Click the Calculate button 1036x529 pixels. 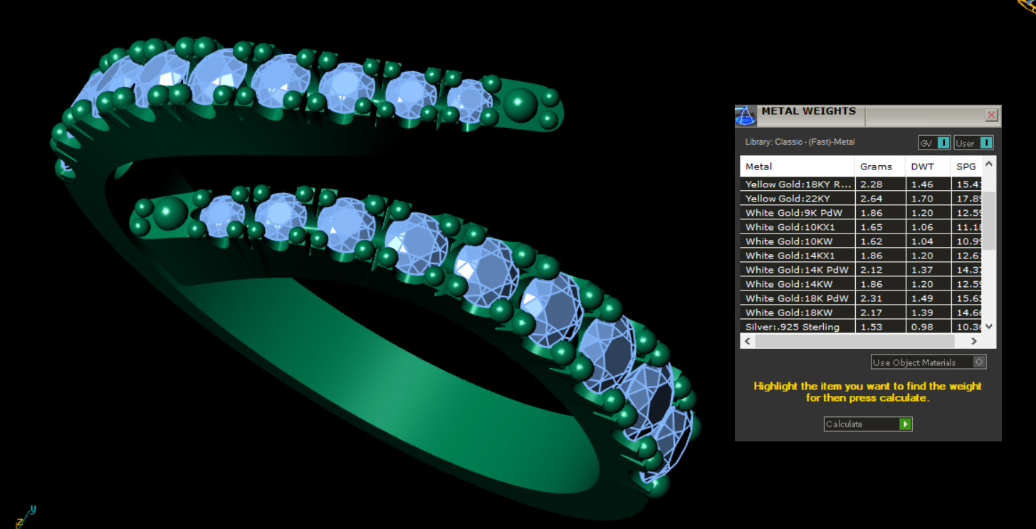867,424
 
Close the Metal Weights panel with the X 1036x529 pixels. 991,115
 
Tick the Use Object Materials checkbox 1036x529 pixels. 979,362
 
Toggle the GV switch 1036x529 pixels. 942,143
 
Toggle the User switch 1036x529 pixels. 985,143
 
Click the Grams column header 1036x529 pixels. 876,167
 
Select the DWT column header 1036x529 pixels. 922,167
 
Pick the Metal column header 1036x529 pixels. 759,167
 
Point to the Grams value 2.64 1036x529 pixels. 872,199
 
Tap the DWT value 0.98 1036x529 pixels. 921,327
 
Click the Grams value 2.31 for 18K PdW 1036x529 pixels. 872,298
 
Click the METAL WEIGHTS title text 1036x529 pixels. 808,111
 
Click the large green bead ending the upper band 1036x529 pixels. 521,103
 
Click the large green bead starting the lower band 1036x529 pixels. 171,212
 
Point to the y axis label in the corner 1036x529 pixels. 33,510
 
